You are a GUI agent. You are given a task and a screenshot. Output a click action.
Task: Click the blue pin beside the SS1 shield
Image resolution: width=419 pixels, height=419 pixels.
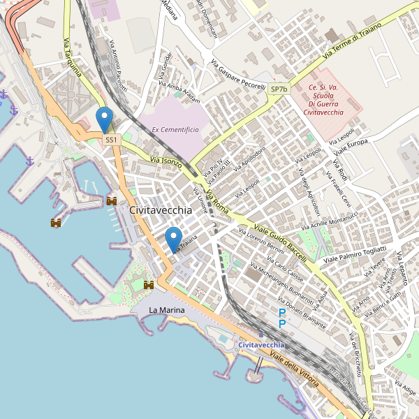click(x=105, y=119)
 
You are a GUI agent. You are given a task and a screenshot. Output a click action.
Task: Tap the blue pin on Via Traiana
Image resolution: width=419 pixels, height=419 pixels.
click(x=173, y=239)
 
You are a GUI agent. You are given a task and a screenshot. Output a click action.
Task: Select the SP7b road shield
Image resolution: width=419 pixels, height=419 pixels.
click(x=279, y=89)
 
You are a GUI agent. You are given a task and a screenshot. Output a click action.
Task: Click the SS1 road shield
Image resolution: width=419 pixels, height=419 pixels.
click(x=111, y=140)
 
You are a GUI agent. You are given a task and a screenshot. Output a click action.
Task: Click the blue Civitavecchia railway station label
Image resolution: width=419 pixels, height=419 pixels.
click(x=261, y=345)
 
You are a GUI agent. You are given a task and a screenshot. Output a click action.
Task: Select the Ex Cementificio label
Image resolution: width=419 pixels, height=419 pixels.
click(x=175, y=130)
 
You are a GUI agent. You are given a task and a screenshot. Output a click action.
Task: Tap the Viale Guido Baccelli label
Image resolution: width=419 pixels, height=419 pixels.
click(x=281, y=235)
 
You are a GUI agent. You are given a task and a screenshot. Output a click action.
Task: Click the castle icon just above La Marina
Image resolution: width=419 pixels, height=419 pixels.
click(x=149, y=285)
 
